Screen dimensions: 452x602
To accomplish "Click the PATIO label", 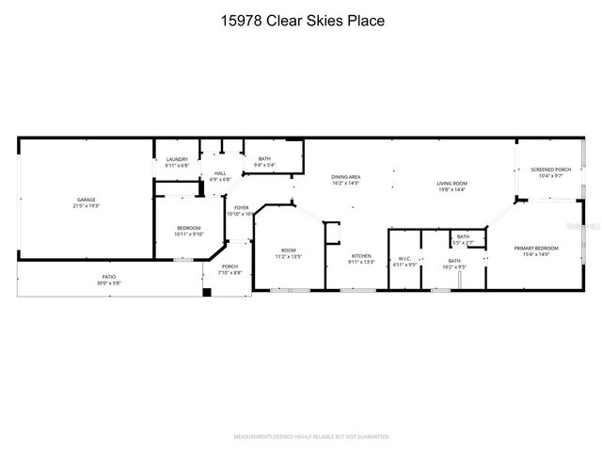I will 109,280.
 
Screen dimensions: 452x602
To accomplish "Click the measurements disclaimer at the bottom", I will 311,437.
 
